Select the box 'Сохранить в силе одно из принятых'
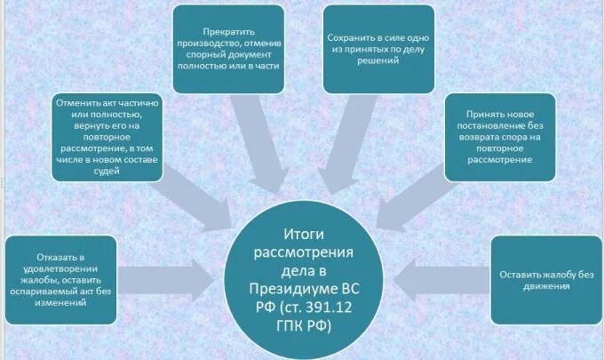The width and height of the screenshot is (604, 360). coord(378,49)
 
